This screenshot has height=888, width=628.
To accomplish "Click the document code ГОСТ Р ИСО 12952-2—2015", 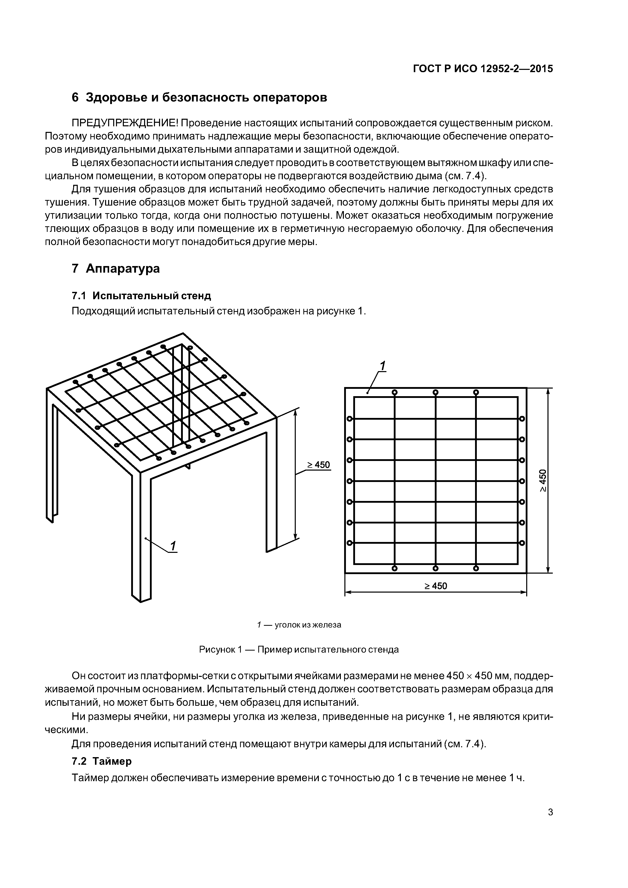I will pyautogui.click(x=483, y=69).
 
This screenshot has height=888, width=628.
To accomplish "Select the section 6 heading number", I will pyautogui.click(x=75, y=97).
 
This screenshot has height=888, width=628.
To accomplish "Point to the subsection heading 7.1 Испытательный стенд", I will pyautogui.click(x=142, y=296).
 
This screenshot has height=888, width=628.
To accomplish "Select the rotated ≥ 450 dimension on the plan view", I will pyautogui.click(x=543, y=481).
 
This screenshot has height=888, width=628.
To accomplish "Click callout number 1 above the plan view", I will pyautogui.click(x=382, y=366).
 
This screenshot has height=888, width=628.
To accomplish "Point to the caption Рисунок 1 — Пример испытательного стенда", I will pyautogui.click(x=299, y=649).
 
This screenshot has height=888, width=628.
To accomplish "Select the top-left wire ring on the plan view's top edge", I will pyautogui.click(x=394, y=392).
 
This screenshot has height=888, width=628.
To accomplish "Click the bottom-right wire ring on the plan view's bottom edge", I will pyautogui.click(x=476, y=568).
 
